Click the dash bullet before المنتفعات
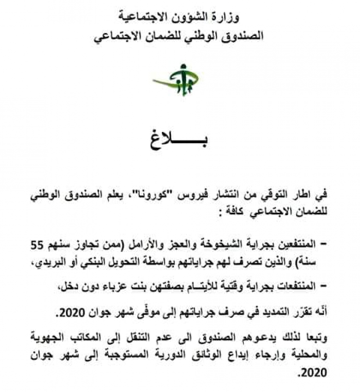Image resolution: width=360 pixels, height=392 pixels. tap(326, 287)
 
